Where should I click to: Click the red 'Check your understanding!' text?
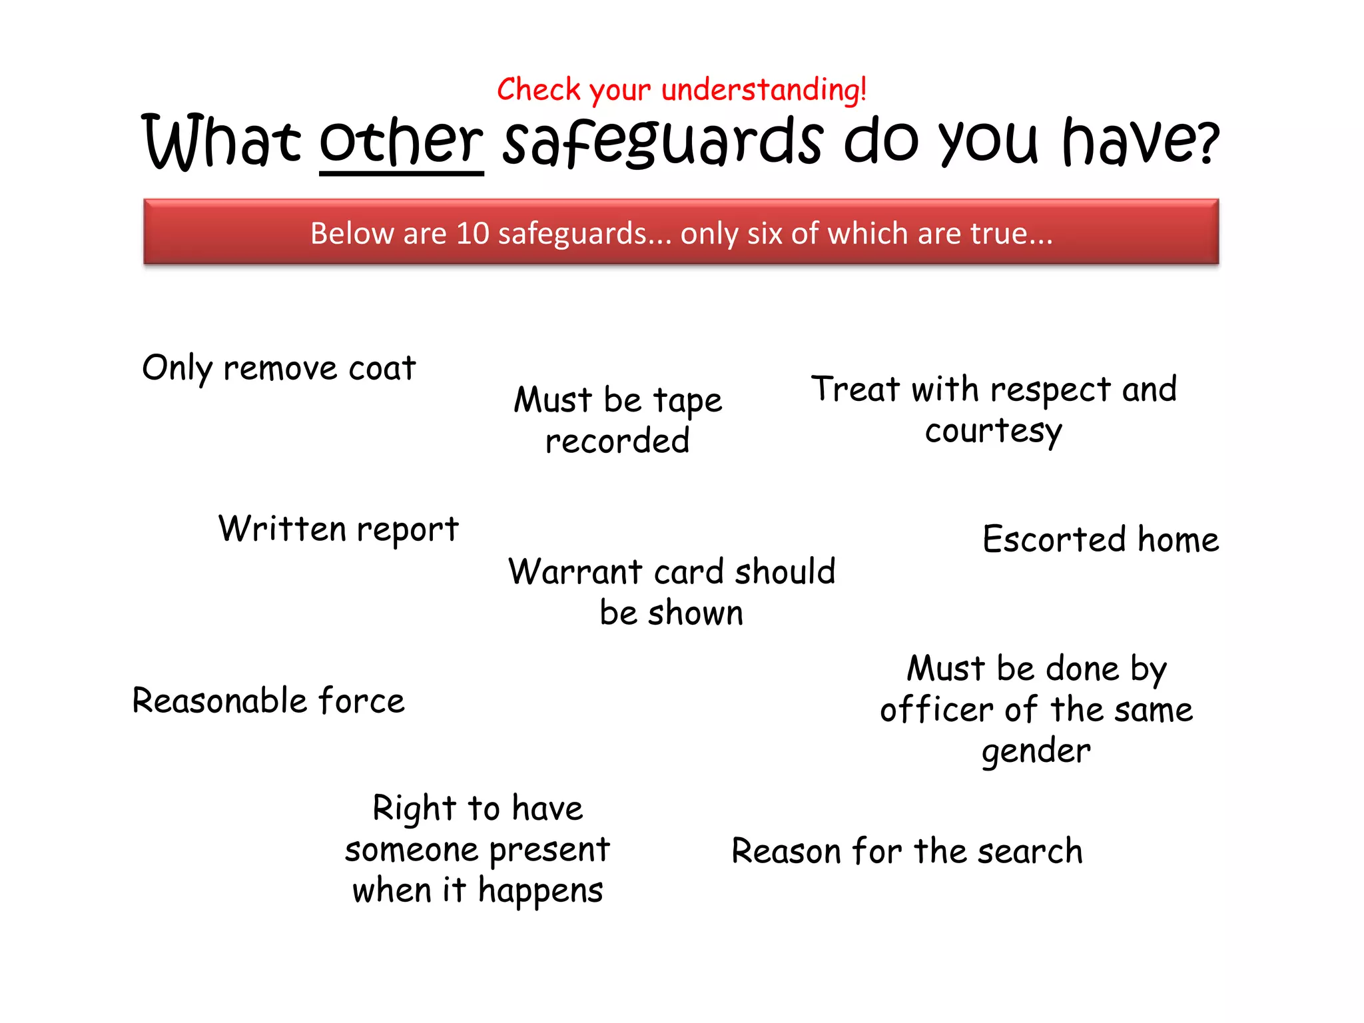[681, 90]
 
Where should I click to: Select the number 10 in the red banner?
[473, 234]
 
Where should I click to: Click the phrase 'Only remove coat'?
[279, 368]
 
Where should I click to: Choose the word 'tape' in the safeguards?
[687, 401]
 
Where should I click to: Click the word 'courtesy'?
[993, 432]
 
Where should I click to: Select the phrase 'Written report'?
[338, 529]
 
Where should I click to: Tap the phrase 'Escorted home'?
[1100, 539]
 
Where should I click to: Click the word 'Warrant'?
[575, 572]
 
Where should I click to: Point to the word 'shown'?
[695, 613]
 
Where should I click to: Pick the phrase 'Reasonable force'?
[268, 701]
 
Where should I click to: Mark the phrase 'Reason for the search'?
[907, 851]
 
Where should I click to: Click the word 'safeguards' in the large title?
[663, 142]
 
